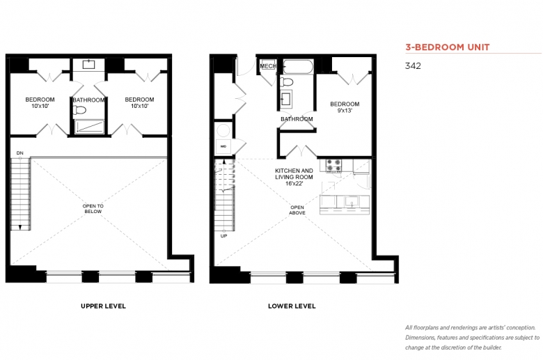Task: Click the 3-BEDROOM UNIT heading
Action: [x=448, y=47]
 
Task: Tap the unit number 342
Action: [x=413, y=66]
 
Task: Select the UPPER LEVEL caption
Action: [x=103, y=306]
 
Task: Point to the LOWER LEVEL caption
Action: [x=292, y=306]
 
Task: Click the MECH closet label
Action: [x=268, y=66]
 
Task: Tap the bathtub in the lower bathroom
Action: [x=298, y=67]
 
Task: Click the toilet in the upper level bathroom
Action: [x=79, y=110]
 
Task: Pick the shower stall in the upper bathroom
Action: [x=90, y=127]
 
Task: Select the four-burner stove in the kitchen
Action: [x=334, y=166]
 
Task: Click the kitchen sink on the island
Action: [x=352, y=201]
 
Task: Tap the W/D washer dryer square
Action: [x=223, y=146]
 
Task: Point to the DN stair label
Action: [x=19, y=152]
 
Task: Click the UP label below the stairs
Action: [x=223, y=236]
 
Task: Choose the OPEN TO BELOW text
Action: [x=93, y=209]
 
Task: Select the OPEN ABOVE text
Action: [x=297, y=210]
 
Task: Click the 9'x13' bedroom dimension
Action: [x=345, y=111]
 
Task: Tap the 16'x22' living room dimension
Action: [x=294, y=184]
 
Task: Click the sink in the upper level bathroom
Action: [x=88, y=65]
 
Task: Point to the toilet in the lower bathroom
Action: [x=287, y=82]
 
